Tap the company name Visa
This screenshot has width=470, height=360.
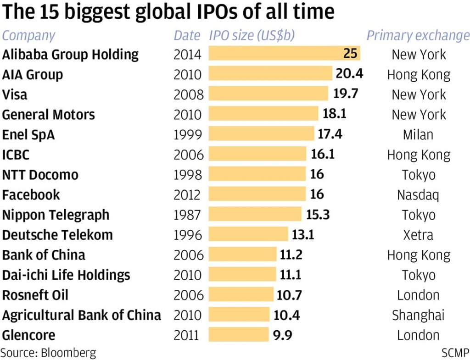(15, 94)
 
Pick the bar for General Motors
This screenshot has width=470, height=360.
(263, 114)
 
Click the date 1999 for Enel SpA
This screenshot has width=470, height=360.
(188, 134)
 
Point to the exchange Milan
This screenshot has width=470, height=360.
(418, 134)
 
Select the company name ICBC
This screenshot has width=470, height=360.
(16, 155)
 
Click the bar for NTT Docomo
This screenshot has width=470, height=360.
(257, 175)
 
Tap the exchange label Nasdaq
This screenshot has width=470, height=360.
(418, 195)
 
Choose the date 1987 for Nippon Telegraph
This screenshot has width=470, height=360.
(188, 215)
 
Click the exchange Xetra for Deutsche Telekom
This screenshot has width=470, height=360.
(418, 235)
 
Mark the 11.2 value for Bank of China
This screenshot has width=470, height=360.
(291, 255)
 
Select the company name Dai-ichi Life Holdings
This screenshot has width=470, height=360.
(66, 275)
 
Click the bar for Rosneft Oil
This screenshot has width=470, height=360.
(241, 295)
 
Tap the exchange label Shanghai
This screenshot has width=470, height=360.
(418, 316)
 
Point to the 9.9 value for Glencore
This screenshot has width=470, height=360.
(283, 335)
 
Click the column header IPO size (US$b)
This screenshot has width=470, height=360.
(252, 35)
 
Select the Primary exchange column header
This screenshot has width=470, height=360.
(418, 35)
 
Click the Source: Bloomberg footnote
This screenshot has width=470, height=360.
(49, 353)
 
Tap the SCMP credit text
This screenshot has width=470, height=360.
(455, 353)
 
